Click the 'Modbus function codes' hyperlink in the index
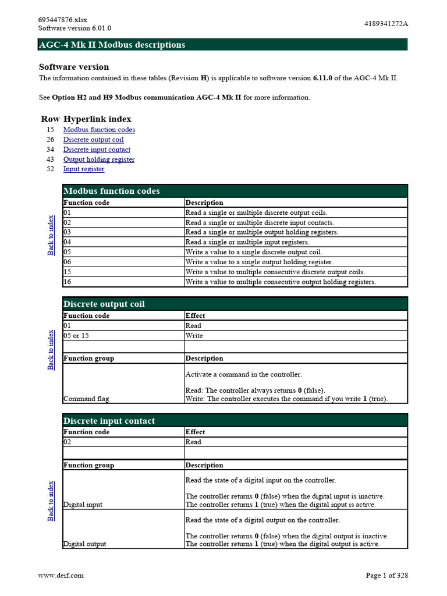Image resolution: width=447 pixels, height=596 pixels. pos(99,130)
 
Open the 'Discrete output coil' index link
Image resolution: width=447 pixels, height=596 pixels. pos(93,140)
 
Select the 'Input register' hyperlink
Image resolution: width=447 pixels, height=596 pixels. pos(84,169)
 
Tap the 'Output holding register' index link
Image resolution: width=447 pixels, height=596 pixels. pos(98,159)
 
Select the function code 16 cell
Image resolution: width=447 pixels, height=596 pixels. pos(67,282)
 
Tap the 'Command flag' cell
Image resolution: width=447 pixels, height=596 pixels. pos(86,399)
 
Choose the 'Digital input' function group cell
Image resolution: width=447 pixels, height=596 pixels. pos(83,505)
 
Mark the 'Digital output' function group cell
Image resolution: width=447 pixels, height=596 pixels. pos(84,544)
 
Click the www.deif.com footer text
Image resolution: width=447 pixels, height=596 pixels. pos(61,575)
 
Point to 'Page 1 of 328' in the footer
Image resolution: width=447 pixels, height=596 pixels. pos(386,575)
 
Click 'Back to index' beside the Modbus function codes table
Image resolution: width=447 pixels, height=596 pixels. pos(51,235)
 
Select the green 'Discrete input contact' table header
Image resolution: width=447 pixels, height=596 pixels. pos(235,420)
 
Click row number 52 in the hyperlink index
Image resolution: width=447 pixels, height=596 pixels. pos(50,169)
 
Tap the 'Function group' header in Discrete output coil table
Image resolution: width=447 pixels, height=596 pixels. pos(88,359)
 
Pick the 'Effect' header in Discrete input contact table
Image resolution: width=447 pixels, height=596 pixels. pos(195,432)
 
